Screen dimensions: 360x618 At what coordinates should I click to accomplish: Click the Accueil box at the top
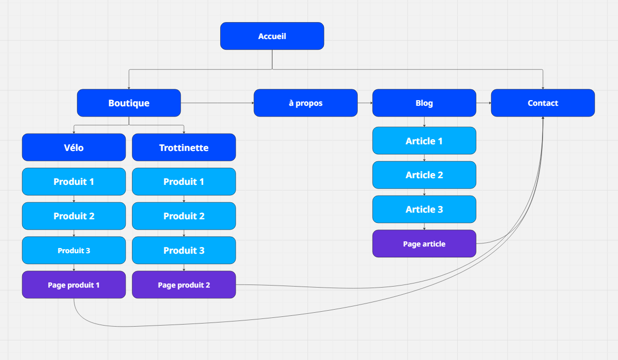(x=272, y=36)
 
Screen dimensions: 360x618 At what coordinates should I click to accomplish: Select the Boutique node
(x=129, y=103)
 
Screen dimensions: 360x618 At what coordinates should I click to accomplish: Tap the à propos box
(x=305, y=103)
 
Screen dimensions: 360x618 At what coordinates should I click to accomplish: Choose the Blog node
(x=424, y=103)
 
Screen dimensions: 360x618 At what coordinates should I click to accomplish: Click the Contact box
(x=543, y=103)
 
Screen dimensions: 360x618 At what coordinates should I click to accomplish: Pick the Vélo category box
(x=73, y=147)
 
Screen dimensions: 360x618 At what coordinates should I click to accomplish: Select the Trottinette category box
(x=184, y=147)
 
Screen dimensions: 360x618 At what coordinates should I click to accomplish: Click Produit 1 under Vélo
(x=73, y=182)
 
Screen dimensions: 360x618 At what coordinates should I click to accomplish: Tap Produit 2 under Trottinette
(x=184, y=216)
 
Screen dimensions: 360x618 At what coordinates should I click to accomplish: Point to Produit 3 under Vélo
(x=73, y=250)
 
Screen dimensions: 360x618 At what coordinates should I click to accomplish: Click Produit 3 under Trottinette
(x=184, y=250)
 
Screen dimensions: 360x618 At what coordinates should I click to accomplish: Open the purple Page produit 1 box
(x=73, y=285)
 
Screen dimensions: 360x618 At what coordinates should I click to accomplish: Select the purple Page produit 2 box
(x=184, y=285)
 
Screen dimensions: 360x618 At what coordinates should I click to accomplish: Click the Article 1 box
(x=424, y=141)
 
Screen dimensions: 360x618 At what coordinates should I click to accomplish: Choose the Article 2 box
(x=424, y=175)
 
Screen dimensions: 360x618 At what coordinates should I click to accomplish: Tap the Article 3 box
(x=424, y=209)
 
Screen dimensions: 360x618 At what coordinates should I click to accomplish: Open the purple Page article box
(x=424, y=243)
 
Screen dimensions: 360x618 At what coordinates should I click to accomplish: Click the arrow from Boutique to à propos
(x=217, y=103)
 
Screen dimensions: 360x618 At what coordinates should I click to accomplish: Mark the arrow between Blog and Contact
(x=484, y=103)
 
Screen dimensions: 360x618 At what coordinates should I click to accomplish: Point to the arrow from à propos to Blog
(x=365, y=103)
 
